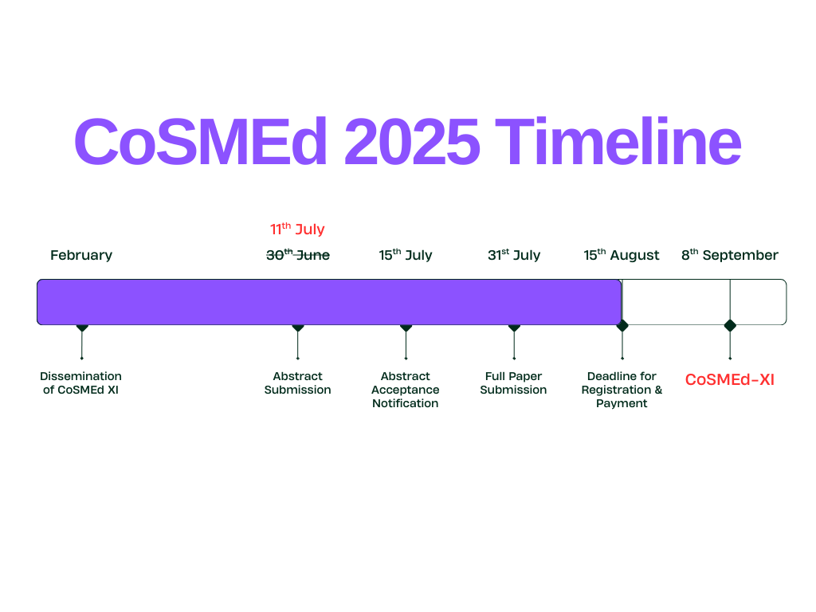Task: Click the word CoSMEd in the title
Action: click(200, 141)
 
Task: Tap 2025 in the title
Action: click(411, 141)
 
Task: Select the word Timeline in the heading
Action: click(618, 141)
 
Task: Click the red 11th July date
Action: click(297, 229)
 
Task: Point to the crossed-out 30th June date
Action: click(298, 255)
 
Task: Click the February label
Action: click(81, 256)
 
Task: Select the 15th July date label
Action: click(406, 255)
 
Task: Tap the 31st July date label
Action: click(514, 255)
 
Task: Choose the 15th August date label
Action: click(622, 255)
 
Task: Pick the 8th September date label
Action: click(730, 255)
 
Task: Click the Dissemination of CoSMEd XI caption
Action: click(80, 383)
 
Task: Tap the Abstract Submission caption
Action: click(298, 383)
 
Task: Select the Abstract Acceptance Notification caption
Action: click(406, 390)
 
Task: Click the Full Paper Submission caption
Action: click(514, 383)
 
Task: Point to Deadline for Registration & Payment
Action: click(622, 390)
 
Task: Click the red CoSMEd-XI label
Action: click(730, 380)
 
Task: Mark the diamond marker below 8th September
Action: click(730, 326)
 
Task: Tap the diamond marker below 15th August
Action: click(622, 326)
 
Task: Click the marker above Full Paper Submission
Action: click(514, 328)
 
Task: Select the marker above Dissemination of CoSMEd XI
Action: click(82, 328)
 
